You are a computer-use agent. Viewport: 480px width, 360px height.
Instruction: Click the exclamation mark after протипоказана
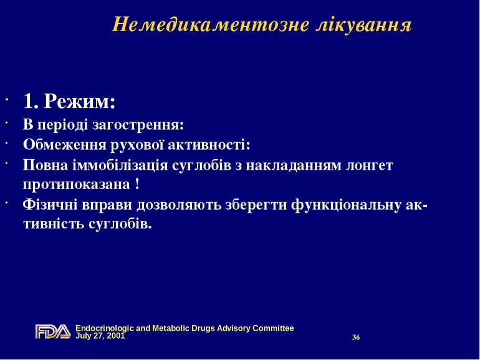click(137, 185)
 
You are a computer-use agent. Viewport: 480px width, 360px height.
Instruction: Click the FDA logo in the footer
click(52, 331)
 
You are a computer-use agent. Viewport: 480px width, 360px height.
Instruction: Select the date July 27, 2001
click(100, 336)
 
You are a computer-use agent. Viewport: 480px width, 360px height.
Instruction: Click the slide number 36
click(356, 338)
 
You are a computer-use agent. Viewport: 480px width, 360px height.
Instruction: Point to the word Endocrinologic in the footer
click(103, 328)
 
